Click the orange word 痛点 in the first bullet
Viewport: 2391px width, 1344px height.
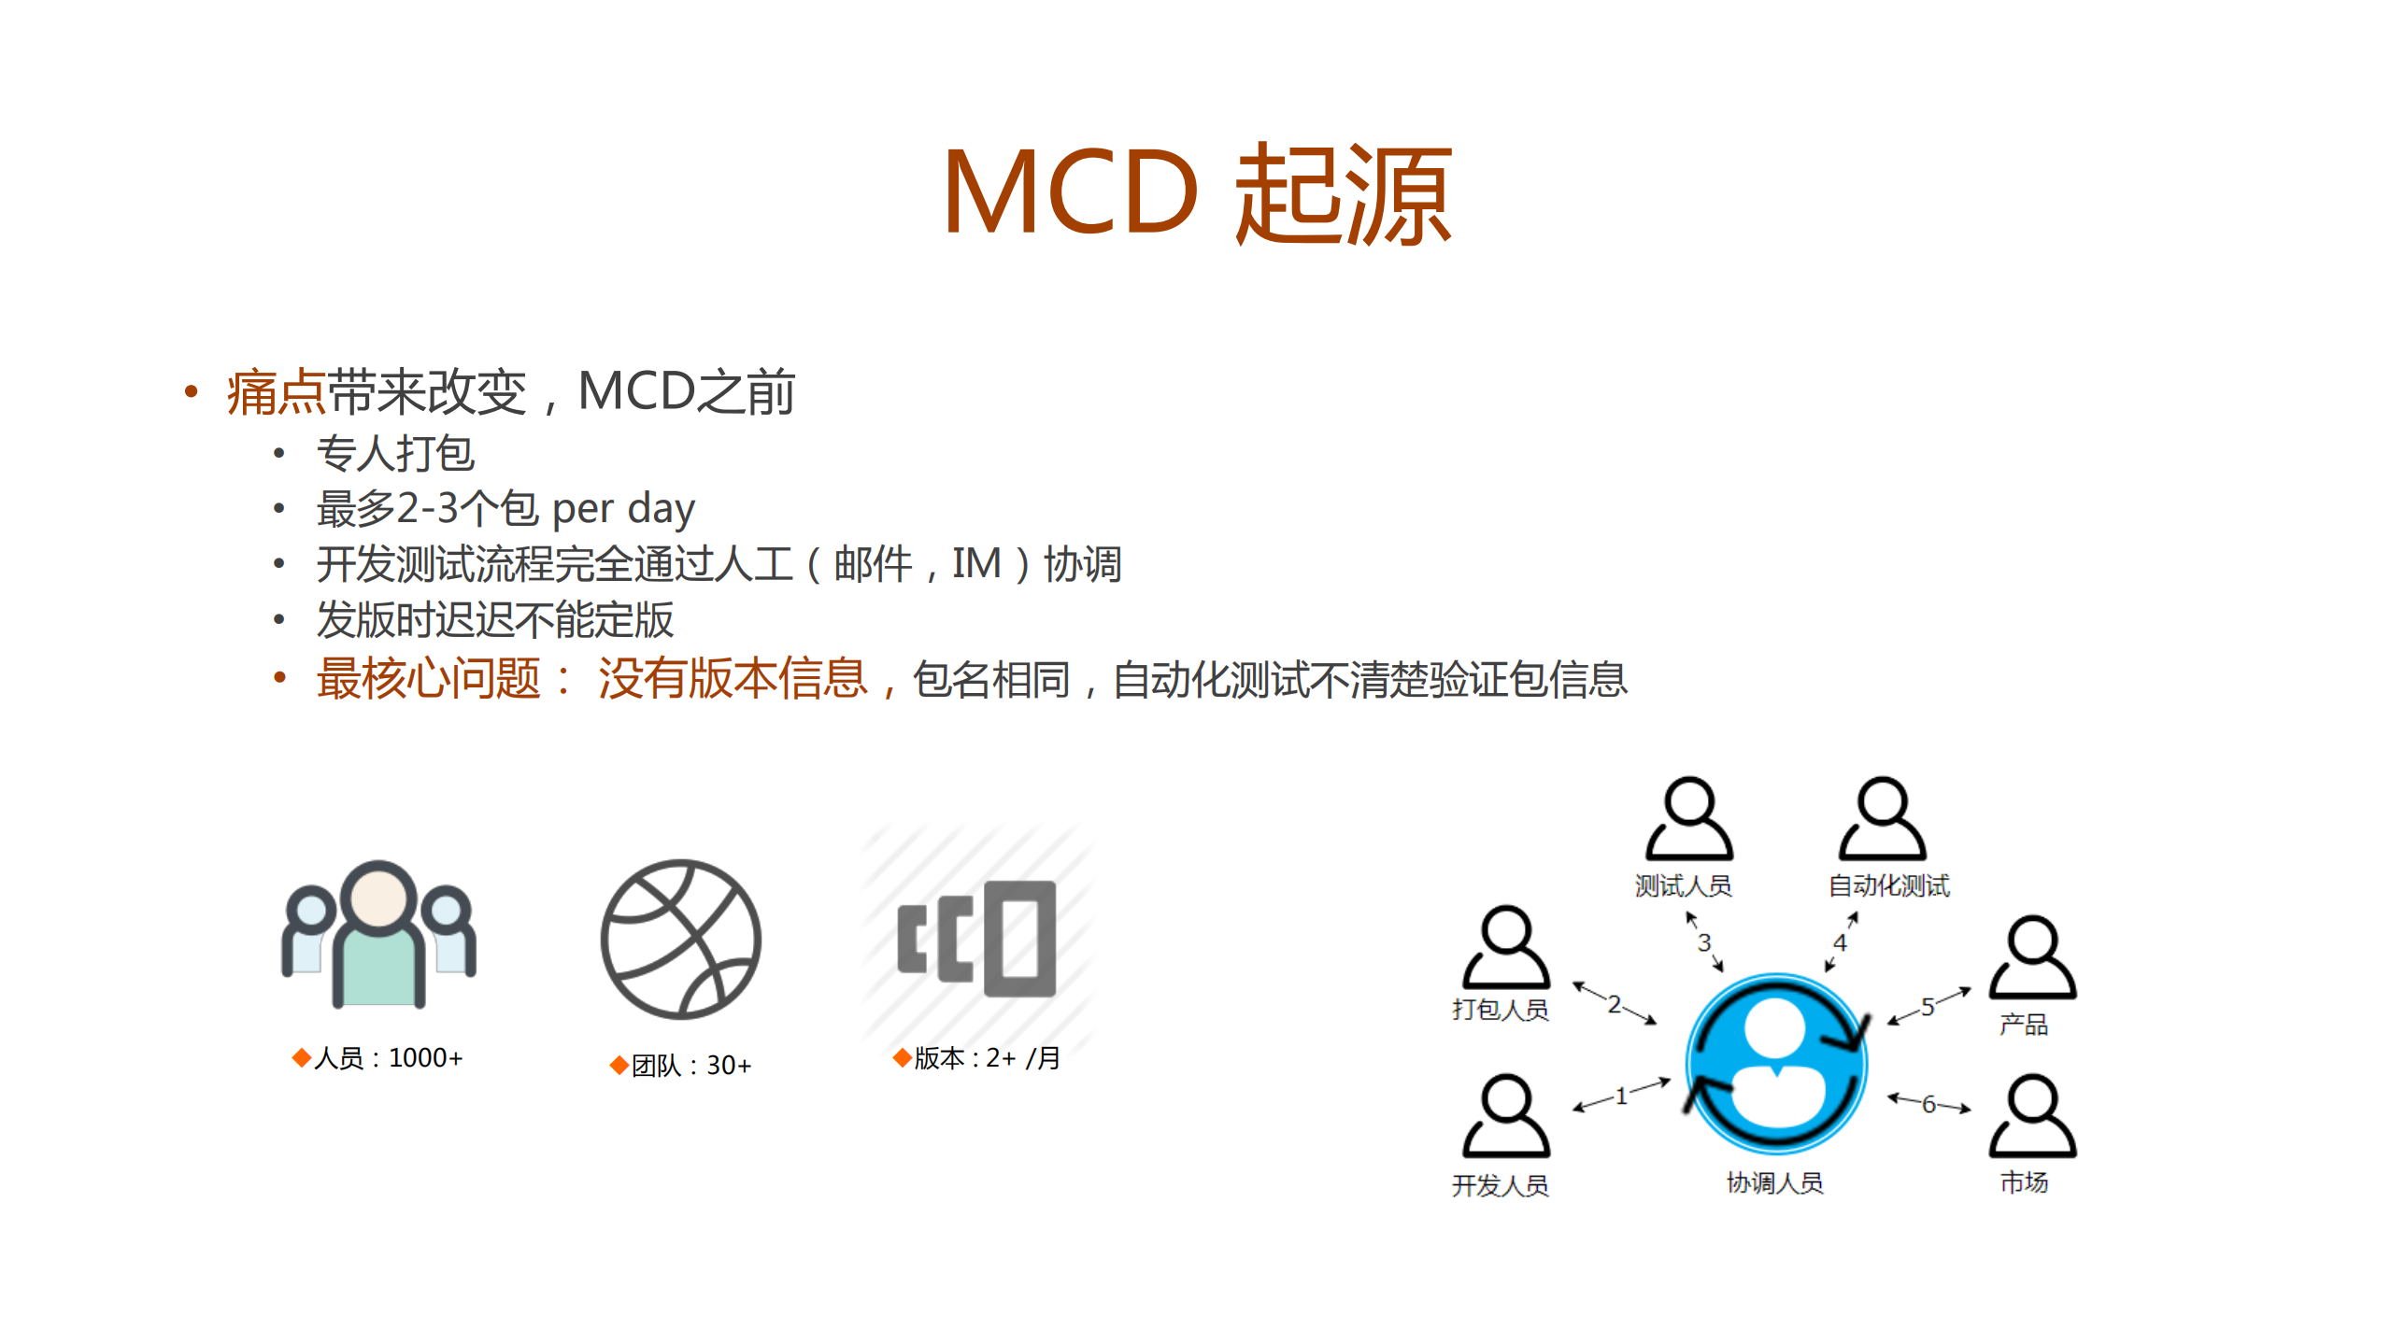[276, 392]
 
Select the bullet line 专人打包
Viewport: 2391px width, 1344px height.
[395, 454]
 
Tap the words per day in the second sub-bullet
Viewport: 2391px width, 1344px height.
[623, 509]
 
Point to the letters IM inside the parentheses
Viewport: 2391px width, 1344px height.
[976, 564]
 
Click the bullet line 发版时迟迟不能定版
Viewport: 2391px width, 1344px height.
[494, 620]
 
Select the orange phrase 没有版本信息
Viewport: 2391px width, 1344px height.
[733, 678]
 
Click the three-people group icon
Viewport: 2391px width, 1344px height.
[379, 934]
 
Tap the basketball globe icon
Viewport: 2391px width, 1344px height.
[680, 939]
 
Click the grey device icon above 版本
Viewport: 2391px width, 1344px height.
[977, 939]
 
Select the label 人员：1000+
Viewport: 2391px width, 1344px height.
[387, 1058]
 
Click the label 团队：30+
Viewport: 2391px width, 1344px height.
[690, 1066]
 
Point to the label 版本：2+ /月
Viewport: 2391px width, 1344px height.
[986, 1058]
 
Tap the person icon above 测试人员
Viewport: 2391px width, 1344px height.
[1689, 818]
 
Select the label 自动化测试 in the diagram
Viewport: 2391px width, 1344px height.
[1888, 885]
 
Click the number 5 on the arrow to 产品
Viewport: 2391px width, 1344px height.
[1928, 1007]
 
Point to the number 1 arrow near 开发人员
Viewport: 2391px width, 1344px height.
[1621, 1096]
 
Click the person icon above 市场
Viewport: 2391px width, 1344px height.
[2032, 1115]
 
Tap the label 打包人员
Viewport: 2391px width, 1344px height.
[1500, 1010]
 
